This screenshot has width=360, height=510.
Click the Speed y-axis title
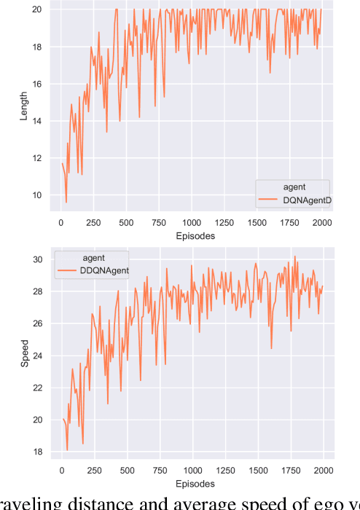click(x=23, y=354)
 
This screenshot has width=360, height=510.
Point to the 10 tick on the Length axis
click(x=38, y=195)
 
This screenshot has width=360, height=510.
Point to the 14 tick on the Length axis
click(x=38, y=121)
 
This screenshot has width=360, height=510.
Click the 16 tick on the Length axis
click(x=38, y=84)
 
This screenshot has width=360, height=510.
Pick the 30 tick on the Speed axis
click(x=38, y=259)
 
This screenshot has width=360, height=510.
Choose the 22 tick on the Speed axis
click(x=38, y=388)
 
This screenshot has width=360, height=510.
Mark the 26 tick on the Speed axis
click(x=38, y=323)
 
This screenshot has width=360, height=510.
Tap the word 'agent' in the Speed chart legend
click(x=95, y=257)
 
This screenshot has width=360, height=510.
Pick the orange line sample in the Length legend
click(x=270, y=200)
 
